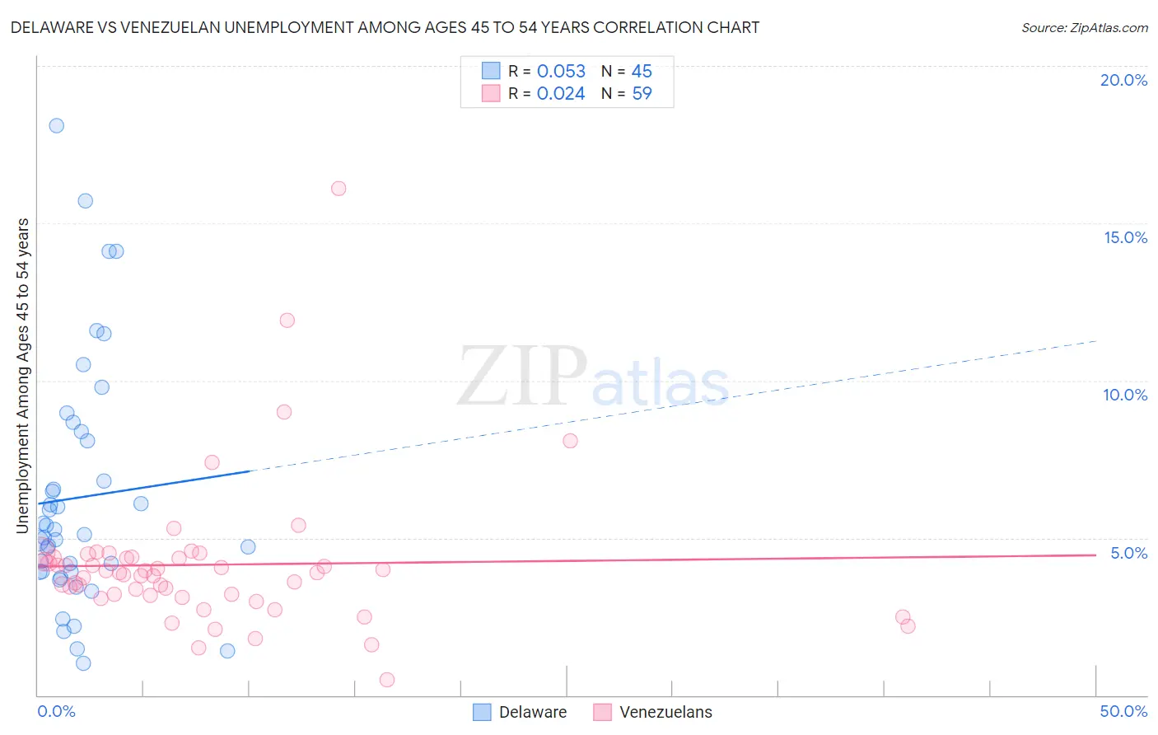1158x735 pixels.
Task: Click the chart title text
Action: point(385,27)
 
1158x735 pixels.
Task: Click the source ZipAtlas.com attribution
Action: point(1084,27)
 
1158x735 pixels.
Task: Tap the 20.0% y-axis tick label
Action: point(1123,80)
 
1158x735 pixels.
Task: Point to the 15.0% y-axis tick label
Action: point(1125,237)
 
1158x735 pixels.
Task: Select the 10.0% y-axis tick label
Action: point(1125,395)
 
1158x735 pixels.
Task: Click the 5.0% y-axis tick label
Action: point(1128,553)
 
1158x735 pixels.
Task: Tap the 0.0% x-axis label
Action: point(56,711)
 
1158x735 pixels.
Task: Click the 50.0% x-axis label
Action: point(1123,711)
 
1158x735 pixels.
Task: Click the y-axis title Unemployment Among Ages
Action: point(23,375)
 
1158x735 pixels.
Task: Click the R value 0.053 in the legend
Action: point(561,72)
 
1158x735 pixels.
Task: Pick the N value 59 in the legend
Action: point(642,94)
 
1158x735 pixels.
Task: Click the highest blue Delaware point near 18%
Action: point(57,126)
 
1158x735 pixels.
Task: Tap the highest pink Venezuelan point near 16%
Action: point(339,189)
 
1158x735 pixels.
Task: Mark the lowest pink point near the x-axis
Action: point(387,680)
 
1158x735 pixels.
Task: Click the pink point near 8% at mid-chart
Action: point(570,441)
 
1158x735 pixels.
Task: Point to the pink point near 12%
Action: point(287,321)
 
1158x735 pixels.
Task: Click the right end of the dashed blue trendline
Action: point(1095,341)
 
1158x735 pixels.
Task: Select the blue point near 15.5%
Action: point(85,201)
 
